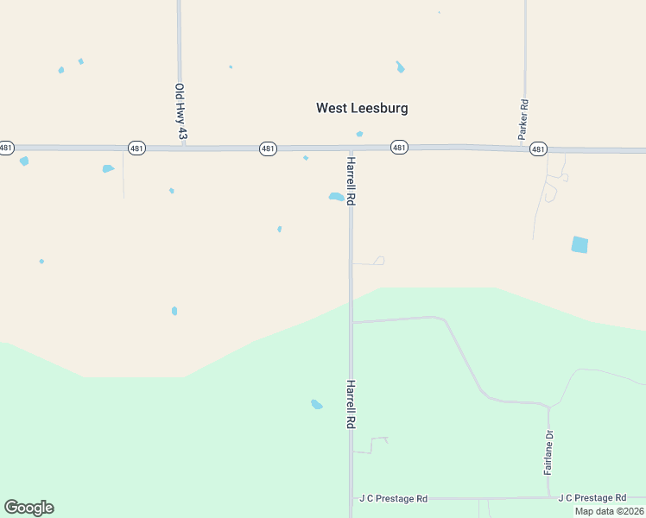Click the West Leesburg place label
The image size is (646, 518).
[x=362, y=108]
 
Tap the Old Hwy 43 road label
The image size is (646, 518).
[x=180, y=111]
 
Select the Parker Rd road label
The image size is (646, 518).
[x=523, y=120]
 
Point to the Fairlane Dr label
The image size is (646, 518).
[x=548, y=452]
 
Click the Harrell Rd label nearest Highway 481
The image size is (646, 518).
[x=351, y=180]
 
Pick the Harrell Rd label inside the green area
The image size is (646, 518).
[x=351, y=405]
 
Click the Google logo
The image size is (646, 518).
[x=28, y=508]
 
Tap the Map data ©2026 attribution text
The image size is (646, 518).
[x=609, y=511]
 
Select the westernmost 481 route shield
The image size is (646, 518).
[x=6, y=148]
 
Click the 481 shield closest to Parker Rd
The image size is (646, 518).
[x=538, y=149]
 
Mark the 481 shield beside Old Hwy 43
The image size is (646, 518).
[x=136, y=148]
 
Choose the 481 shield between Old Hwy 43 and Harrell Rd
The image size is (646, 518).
[x=268, y=148]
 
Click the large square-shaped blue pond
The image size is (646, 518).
[x=579, y=244]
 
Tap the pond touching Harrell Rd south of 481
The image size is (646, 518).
[x=336, y=197]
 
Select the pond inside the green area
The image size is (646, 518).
[x=317, y=403]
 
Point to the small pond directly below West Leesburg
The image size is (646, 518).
[x=359, y=134]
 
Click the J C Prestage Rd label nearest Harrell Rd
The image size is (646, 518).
[x=394, y=499]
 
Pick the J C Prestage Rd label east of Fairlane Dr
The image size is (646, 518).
[x=592, y=498]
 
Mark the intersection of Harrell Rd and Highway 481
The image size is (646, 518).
[x=351, y=148]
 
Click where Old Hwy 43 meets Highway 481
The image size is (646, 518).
[x=180, y=148]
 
